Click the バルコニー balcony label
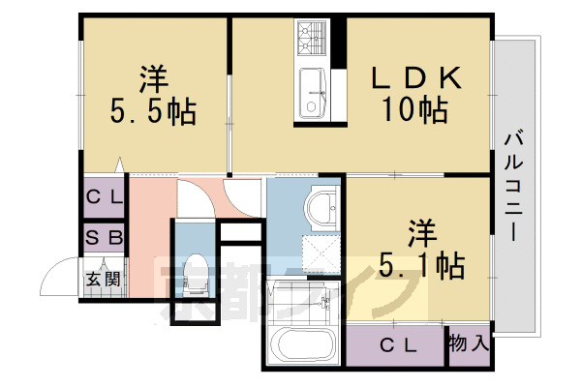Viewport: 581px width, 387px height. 514,190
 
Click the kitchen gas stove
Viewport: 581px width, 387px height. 314,41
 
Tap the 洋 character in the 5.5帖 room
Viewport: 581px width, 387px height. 152,75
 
